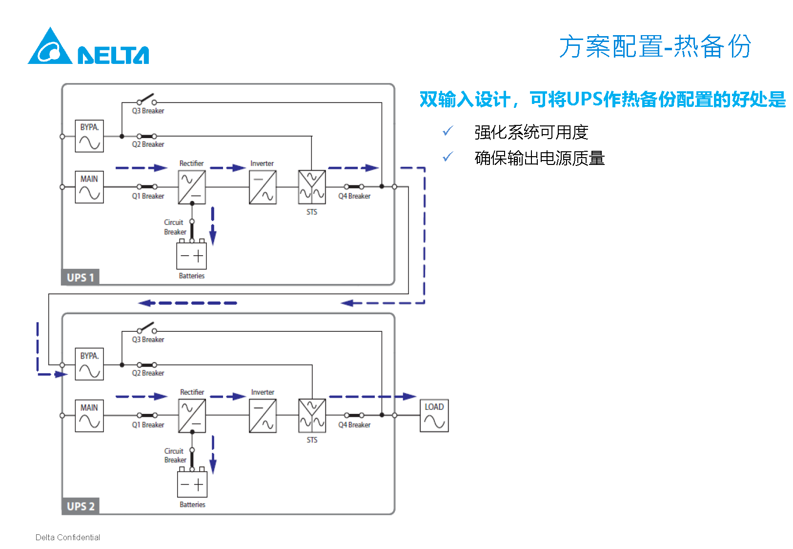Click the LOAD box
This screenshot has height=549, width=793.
(434, 416)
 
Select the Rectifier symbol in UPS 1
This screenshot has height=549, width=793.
(192, 187)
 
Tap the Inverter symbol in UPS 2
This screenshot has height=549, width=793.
(263, 416)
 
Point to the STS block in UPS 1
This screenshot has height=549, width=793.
(312, 187)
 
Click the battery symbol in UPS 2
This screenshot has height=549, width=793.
(192, 484)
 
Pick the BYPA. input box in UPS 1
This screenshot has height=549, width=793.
(89, 136)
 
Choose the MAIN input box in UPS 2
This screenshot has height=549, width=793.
(89, 416)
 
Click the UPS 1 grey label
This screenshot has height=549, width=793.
(81, 277)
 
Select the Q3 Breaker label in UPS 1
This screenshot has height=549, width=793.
(148, 111)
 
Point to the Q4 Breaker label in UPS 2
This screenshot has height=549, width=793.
(354, 425)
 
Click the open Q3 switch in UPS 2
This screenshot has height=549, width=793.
(147, 327)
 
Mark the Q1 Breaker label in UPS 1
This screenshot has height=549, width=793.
(148, 196)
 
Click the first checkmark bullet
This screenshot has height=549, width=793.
(447, 131)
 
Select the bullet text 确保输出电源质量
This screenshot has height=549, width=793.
(539, 158)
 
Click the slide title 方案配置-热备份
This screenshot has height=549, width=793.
(654, 47)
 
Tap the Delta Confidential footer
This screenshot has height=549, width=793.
(68, 537)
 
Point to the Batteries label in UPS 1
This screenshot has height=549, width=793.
(192, 276)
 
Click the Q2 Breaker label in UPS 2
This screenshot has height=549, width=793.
(148, 373)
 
